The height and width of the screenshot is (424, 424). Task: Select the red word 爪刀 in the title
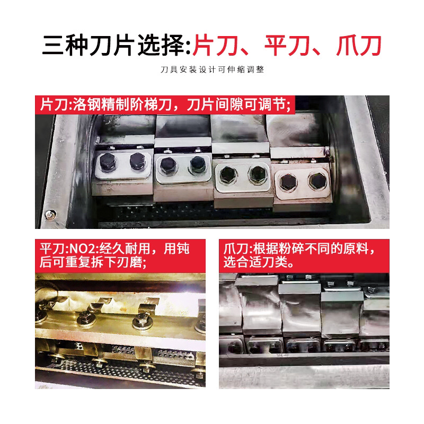click(x=359, y=46)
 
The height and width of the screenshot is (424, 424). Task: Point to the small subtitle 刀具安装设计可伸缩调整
click(x=213, y=69)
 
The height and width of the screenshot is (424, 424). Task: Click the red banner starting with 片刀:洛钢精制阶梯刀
click(x=165, y=104)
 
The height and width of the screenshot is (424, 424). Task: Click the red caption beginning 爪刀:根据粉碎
click(x=304, y=256)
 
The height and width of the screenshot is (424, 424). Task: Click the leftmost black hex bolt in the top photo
click(x=108, y=162)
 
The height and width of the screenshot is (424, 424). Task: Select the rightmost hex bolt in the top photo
click(x=317, y=181)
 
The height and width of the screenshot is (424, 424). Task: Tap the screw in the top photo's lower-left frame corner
click(x=50, y=215)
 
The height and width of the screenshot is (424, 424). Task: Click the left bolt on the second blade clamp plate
click(x=167, y=165)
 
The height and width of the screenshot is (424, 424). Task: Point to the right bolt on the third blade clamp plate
click(x=258, y=174)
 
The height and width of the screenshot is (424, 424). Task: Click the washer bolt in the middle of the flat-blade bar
click(x=86, y=319)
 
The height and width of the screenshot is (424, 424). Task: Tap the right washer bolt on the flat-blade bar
click(x=142, y=321)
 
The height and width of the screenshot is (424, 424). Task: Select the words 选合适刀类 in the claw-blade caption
click(x=255, y=262)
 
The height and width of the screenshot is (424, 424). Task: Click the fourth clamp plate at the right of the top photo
click(x=303, y=182)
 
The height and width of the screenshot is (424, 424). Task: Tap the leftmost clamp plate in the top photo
click(x=123, y=165)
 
